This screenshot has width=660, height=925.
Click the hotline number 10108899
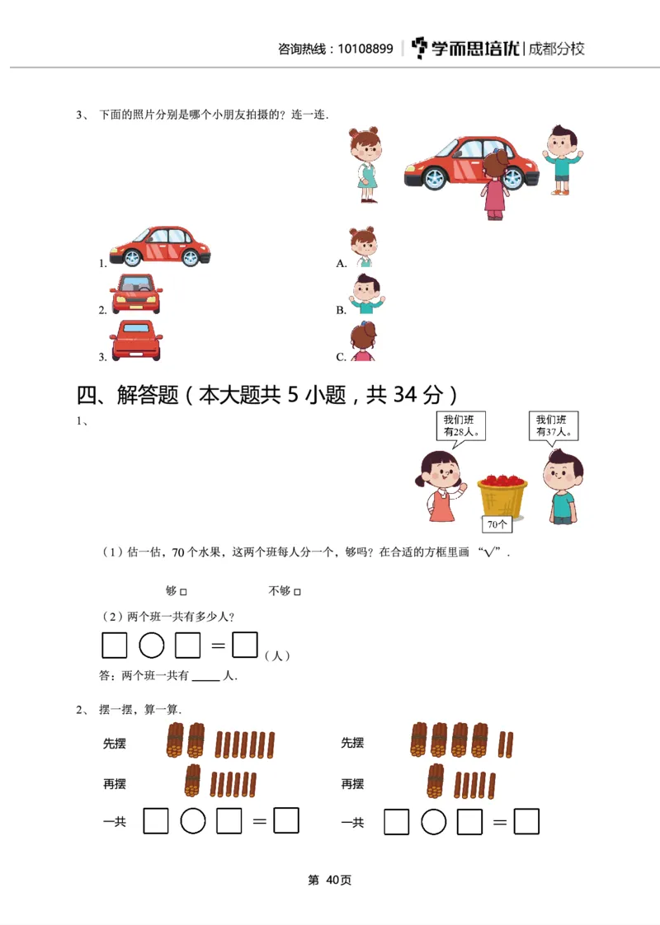[x=365, y=49]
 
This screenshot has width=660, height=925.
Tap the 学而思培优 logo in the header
[x=466, y=48]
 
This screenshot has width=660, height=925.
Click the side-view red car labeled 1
[x=160, y=245]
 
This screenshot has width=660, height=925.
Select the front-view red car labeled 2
[x=136, y=294]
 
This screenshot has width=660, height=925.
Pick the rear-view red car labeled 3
[x=136, y=340]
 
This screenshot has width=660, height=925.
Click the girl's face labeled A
[x=362, y=247]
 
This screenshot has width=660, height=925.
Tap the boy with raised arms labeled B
[x=364, y=294]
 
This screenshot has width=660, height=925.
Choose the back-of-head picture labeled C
[x=362, y=341]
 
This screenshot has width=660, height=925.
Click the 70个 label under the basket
[x=497, y=524]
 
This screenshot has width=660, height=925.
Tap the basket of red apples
[x=502, y=494]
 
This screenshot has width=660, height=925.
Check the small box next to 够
[x=183, y=592]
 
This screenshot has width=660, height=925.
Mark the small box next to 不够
[x=298, y=592]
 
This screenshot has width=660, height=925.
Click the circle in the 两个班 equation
[x=151, y=645]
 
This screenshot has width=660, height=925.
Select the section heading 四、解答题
[x=128, y=396]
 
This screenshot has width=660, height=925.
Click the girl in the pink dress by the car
[x=494, y=185]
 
